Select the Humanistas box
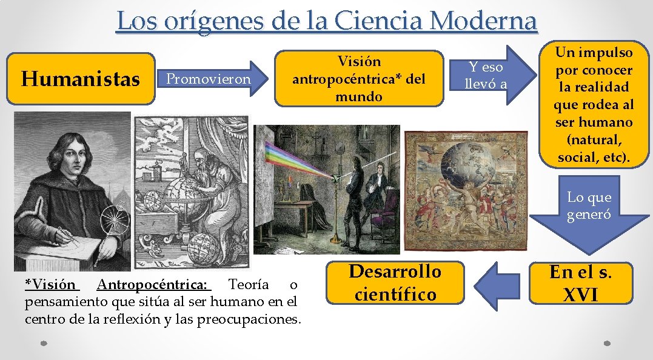(x=79, y=79)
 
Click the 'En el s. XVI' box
(x=580, y=283)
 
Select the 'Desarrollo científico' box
(x=395, y=282)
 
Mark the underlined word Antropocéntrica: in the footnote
(x=152, y=284)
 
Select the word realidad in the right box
(x=594, y=87)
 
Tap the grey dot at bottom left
(x=44, y=343)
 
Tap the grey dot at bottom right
(x=608, y=343)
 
